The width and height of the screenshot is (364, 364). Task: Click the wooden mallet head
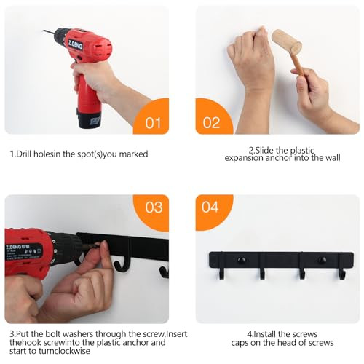coord(287,41)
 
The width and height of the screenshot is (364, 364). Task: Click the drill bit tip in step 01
coord(44,31)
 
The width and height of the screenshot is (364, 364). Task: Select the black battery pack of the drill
coord(89,119)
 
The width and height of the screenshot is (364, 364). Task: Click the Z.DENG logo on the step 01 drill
coord(76,45)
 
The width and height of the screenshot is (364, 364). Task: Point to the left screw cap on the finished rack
coord(242,260)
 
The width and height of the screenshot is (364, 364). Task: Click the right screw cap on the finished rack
coord(322,260)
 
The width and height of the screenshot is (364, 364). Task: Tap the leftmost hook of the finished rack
coord(221,273)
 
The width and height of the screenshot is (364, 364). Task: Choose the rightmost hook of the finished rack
coord(342,273)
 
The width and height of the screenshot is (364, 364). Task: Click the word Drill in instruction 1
coord(24,154)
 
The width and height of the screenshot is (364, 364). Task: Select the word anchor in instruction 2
coord(279,158)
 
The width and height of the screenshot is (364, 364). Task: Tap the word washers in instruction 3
coord(77,334)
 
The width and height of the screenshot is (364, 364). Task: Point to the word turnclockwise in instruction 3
coord(64,351)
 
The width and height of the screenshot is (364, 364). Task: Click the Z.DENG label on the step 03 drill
coord(15,248)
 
